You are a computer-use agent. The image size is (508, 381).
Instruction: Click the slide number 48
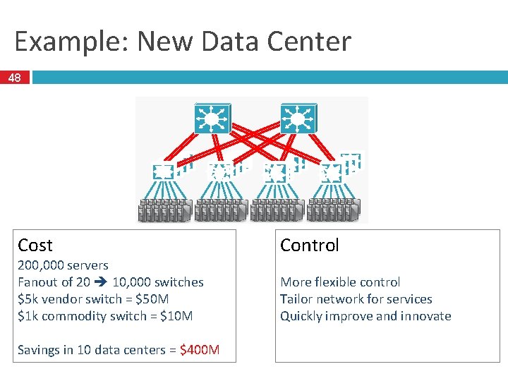(x=15, y=78)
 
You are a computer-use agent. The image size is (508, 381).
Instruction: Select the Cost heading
(x=35, y=246)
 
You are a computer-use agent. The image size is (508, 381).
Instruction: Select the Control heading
(x=309, y=246)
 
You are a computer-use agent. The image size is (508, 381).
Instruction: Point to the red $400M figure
(x=200, y=350)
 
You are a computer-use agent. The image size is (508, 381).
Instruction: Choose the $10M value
(x=176, y=316)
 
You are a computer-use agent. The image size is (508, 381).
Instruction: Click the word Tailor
(x=296, y=299)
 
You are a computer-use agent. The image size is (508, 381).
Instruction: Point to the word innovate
(x=424, y=316)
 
